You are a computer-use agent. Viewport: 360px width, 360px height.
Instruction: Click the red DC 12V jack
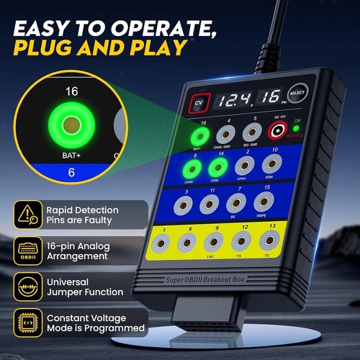point(277,132)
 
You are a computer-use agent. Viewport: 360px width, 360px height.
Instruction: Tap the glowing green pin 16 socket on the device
point(196,135)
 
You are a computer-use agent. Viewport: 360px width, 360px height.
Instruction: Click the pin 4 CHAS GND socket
point(225,134)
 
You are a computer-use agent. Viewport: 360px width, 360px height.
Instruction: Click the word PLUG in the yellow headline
point(51,48)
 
